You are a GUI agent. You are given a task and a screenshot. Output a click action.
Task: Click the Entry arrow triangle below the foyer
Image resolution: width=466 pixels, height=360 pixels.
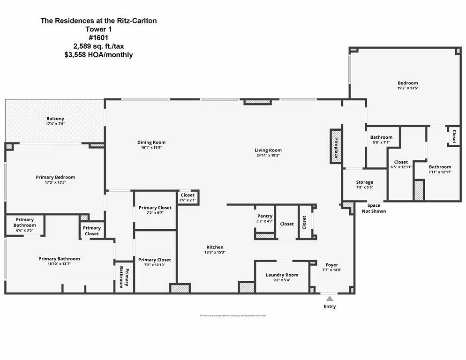pos(330,298)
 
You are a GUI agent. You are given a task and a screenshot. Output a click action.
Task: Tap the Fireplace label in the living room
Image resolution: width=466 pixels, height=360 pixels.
pos(336,146)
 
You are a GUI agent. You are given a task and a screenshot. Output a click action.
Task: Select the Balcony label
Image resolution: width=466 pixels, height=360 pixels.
pos(55,119)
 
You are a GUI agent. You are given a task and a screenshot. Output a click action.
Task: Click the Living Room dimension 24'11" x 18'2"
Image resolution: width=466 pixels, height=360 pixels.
pos(268,155)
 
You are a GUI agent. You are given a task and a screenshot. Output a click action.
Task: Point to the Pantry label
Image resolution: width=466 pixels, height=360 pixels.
pos(265,216)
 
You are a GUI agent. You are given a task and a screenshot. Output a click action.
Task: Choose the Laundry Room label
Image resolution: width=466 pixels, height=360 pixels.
pos(282,275)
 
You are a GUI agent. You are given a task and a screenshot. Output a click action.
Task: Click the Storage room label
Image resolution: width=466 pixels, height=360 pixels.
pos(364,182)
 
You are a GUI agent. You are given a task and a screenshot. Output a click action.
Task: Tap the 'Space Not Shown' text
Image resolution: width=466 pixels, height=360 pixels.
pos(374,208)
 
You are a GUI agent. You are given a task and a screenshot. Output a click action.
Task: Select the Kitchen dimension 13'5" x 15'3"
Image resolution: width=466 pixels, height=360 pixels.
pos(215,252)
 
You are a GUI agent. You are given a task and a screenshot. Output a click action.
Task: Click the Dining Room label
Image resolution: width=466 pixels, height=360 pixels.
pos(151,142)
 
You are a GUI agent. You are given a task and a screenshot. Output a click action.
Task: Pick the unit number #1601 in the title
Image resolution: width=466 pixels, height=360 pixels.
pos(98,38)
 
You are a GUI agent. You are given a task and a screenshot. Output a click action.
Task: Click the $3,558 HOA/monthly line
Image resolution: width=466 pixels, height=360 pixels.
pos(98,55)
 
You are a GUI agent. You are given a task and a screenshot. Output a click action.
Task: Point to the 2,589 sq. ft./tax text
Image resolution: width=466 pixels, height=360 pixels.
pos(98,46)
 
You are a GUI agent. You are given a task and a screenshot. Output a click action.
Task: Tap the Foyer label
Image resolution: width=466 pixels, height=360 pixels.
pos(331,265)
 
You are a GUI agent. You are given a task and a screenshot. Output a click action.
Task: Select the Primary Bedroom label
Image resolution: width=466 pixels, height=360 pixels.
pos(55,177)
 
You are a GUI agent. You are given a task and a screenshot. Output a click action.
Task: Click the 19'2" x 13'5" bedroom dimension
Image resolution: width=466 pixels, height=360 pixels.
pos(407,88)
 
